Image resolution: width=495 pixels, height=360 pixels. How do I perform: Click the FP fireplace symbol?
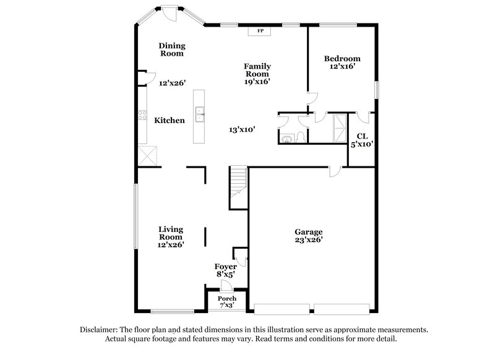[x=260, y=29]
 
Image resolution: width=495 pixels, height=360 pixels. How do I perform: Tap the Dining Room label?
[x=171, y=49]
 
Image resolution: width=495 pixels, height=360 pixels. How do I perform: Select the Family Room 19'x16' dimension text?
[x=257, y=81]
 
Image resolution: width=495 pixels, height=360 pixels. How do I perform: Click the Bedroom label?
[x=342, y=59]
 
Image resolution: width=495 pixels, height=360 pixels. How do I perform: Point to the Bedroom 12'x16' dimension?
[x=342, y=67]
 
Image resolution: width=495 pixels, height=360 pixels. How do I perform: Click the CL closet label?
[x=362, y=135]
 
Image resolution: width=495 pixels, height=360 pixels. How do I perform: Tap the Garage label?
[x=308, y=232]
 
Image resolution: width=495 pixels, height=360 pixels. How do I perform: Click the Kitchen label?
[x=170, y=120]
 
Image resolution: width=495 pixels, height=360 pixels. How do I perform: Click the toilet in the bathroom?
[x=299, y=137]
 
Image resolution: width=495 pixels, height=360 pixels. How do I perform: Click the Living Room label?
[x=170, y=233]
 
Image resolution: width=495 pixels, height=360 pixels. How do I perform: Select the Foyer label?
[x=225, y=267]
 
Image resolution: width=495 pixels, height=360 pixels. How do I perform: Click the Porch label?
[x=226, y=299]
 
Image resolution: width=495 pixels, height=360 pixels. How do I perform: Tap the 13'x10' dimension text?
[x=242, y=129]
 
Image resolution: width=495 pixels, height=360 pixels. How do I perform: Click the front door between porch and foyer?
[x=226, y=286]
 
